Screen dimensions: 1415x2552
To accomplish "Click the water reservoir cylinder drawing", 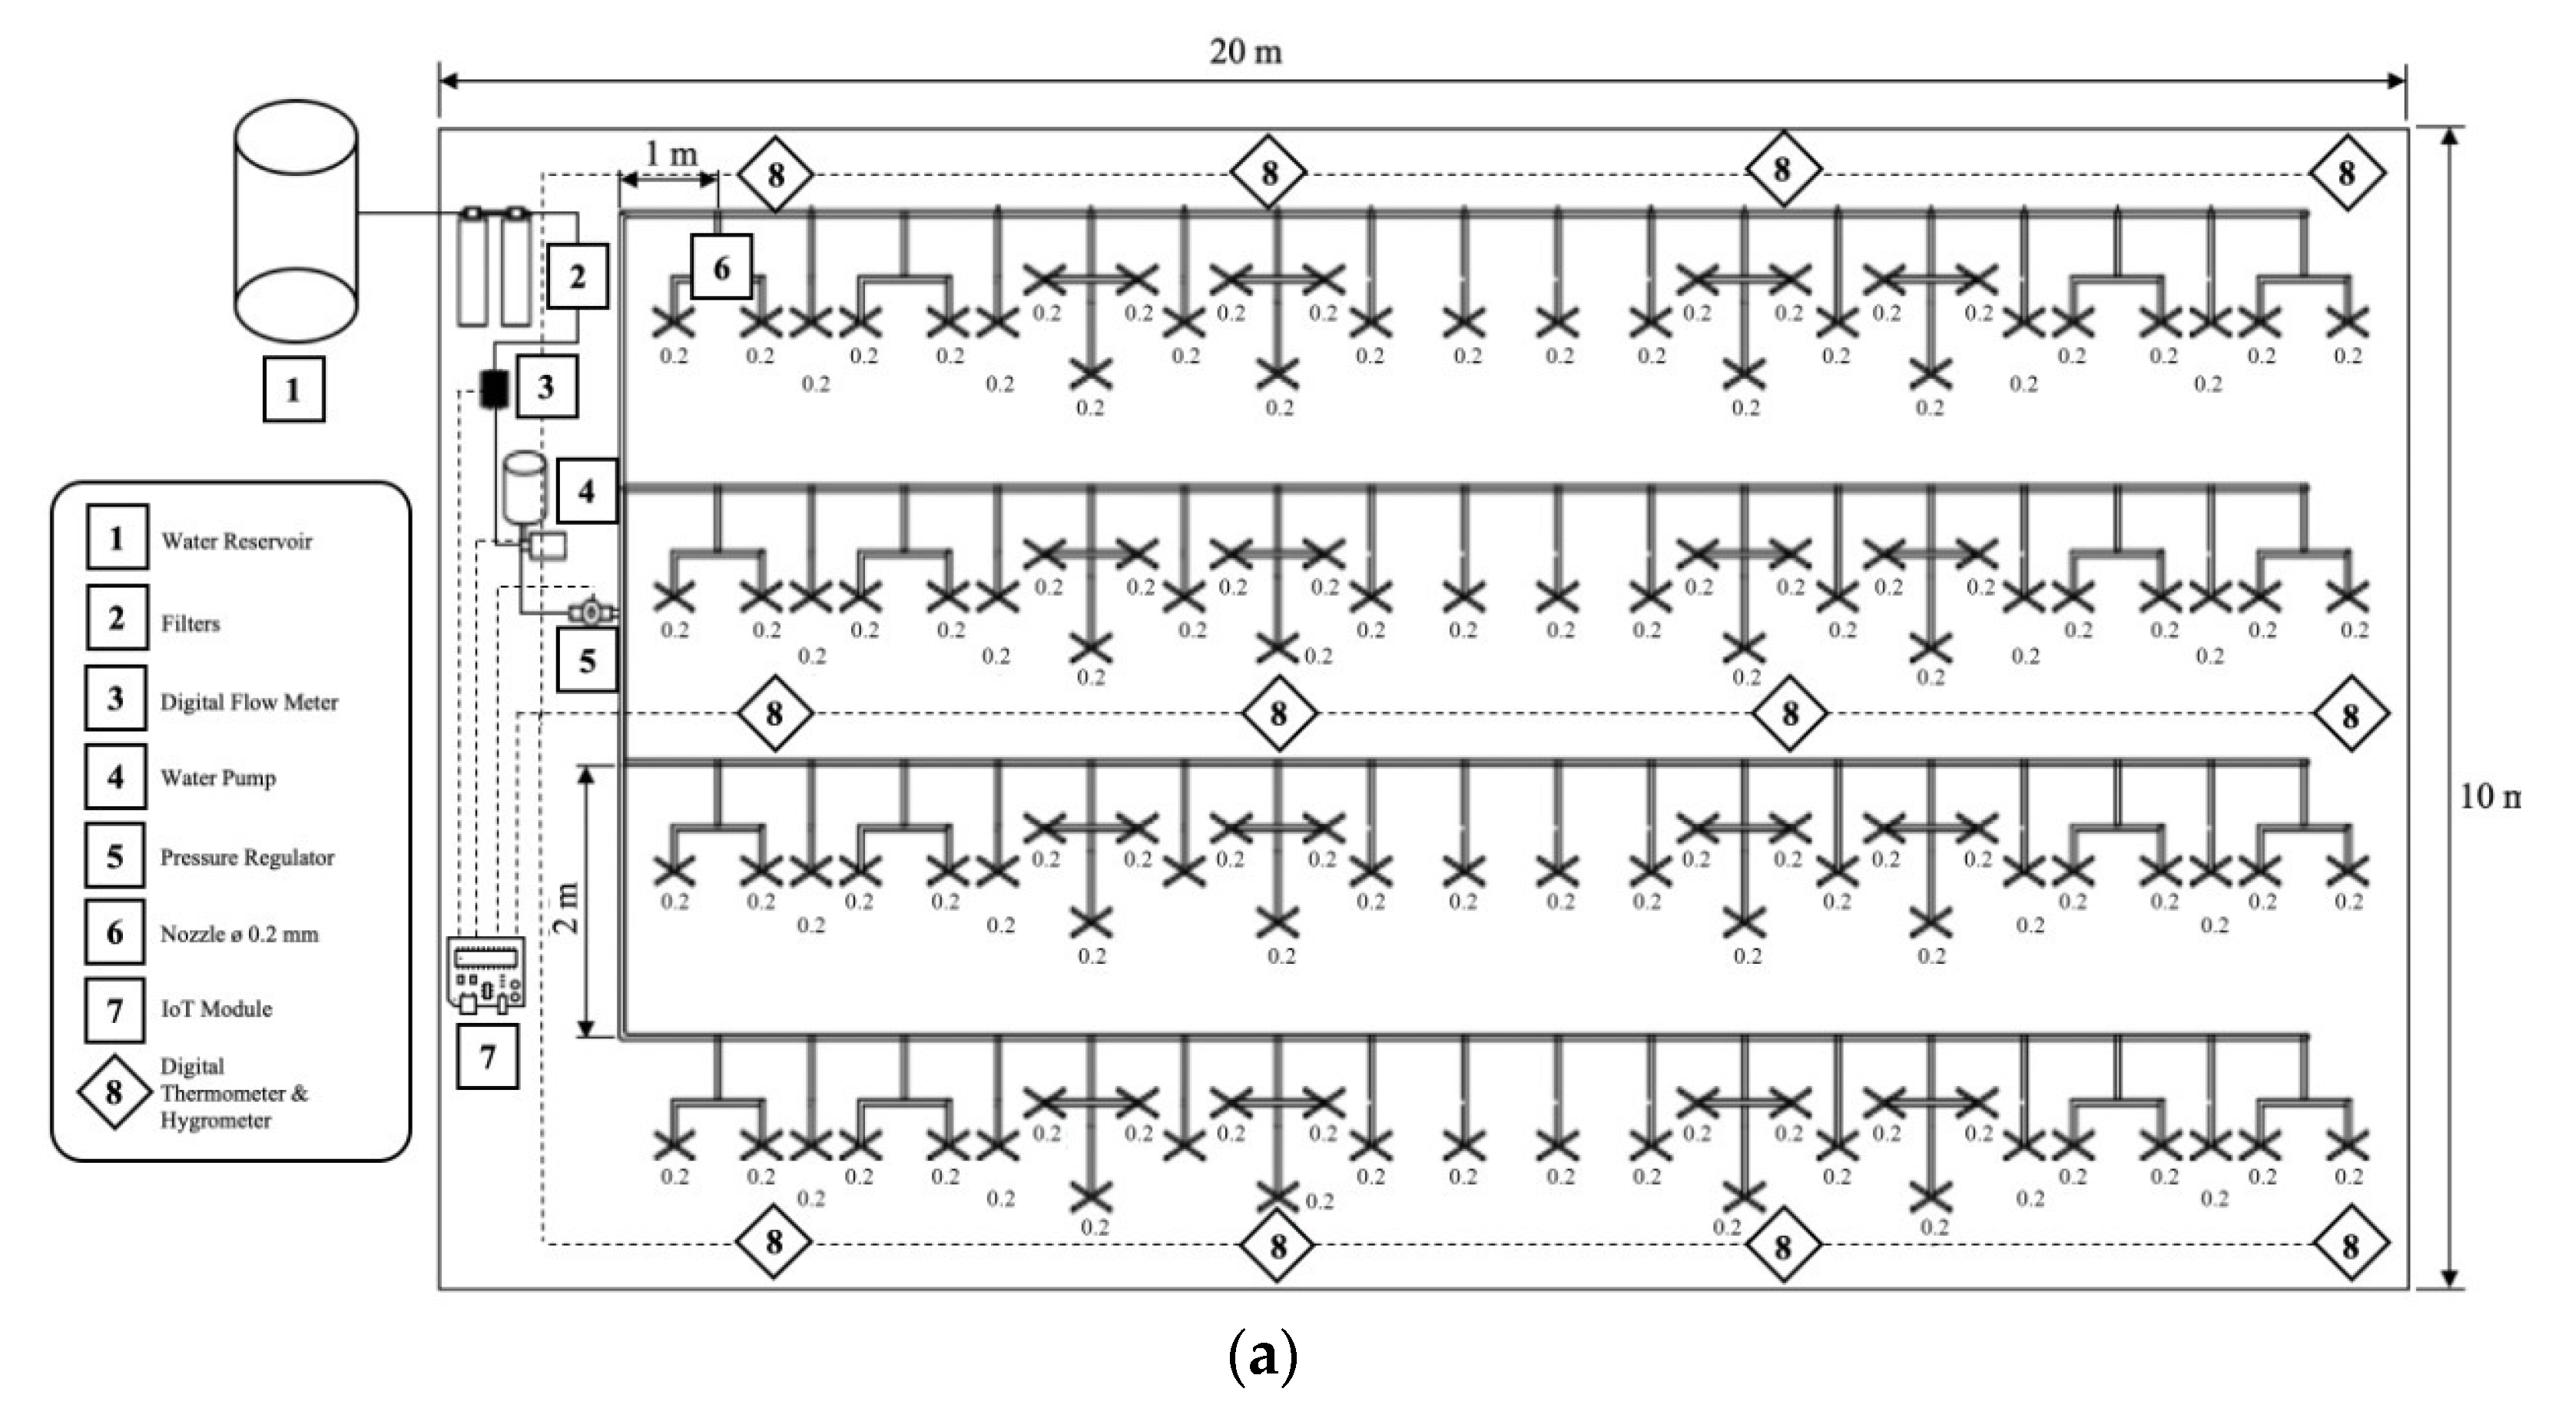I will click(295, 220).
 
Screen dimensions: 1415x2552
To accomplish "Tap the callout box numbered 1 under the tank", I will click(293, 390).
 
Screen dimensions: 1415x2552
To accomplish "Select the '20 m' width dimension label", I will click(1245, 51).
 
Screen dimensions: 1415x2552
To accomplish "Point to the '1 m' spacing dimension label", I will click(671, 154).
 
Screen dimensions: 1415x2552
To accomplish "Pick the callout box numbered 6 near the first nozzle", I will click(721, 267).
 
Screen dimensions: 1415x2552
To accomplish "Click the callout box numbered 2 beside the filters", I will click(577, 277).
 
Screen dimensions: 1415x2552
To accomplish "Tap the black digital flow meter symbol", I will click(493, 388).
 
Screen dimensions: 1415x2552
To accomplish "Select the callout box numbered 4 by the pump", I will click(586, 490).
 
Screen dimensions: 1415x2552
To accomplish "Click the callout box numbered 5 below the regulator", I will click(586, 660).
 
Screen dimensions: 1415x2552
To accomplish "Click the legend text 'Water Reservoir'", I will click(237, 541).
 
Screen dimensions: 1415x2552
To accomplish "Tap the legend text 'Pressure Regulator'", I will click(247, 857).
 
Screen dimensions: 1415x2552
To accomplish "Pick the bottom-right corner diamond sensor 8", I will click(2350, 1246).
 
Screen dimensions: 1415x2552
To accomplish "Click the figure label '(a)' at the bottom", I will click(1261, 1356).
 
